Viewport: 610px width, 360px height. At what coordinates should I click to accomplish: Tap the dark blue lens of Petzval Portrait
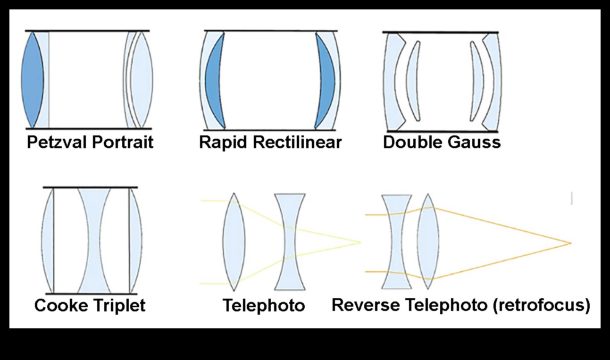point(32,79)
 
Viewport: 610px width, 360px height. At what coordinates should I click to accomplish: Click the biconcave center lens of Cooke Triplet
point(94,241)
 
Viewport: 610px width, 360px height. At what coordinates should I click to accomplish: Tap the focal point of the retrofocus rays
point(571,243)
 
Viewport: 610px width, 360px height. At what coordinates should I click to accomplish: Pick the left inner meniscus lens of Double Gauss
point(413,80)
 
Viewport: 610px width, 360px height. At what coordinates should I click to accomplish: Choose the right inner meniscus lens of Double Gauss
point(475,80)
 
